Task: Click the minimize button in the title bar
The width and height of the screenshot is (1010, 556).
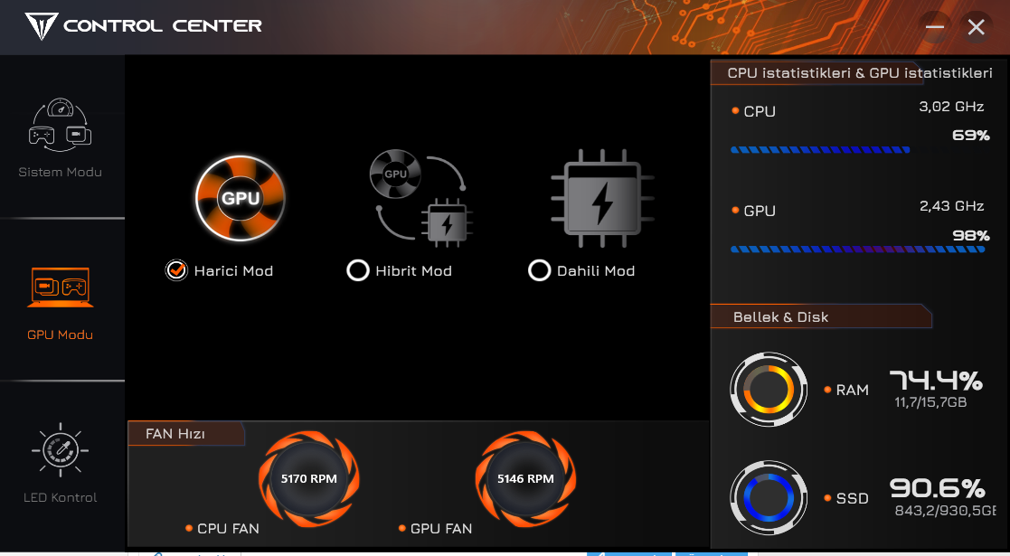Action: click(935, 27)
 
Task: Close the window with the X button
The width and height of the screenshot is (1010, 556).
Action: click(976, 27)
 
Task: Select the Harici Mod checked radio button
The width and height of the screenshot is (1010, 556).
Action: click(175, 270)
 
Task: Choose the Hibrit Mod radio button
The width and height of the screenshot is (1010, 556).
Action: click(357, 270)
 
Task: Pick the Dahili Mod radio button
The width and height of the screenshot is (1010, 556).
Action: click(539, 270)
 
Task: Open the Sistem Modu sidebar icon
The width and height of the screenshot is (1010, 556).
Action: click(60, 125)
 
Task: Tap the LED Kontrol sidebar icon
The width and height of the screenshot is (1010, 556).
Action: click(60, 449)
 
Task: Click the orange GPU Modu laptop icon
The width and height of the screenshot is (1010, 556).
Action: click(60, 287)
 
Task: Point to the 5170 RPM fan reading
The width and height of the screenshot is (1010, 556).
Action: click(308, 478)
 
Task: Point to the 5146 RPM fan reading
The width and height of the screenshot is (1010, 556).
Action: click(525, 478)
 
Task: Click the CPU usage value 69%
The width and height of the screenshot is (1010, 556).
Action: click(971, 136)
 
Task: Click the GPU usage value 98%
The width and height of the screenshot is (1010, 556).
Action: click(971, 236)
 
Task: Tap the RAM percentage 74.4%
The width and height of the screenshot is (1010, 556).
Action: click(936, 381)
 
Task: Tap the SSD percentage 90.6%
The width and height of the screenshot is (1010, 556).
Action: click(938, 488)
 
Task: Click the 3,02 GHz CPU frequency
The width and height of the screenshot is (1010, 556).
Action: click(951, 107)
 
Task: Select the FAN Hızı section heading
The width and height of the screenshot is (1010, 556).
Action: click(175, 434)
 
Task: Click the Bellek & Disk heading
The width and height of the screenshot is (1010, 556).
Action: click(780, 317)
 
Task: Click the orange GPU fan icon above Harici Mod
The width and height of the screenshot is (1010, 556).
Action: click(241, 198)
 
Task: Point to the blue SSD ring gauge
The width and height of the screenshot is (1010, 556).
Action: click(769, 498)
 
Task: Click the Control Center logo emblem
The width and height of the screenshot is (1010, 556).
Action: click(42, 26)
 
